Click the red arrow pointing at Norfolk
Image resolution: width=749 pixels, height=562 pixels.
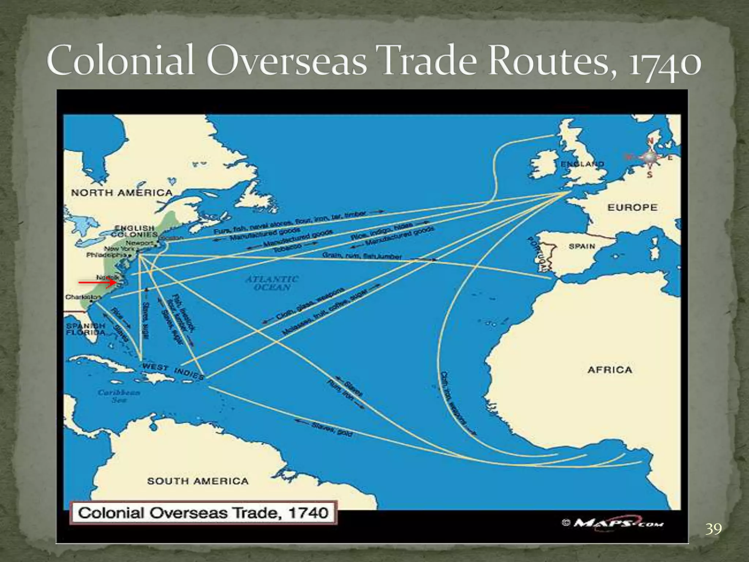[x=97, y=282]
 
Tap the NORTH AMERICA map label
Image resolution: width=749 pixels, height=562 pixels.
[x=121, y=193]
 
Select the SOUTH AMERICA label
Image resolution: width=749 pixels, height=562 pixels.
[x=198, y=481]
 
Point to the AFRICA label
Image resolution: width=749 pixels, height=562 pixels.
[x=610, y=370]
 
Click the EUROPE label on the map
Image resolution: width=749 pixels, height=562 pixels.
[x=632, y=207]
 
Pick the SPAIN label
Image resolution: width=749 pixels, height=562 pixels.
[x=582, y=246]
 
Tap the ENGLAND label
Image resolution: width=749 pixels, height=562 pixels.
[x=582, y=164]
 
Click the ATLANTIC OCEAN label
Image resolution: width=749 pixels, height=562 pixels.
[x=272, y=283]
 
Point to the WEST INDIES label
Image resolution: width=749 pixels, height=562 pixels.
[x=173, y=371]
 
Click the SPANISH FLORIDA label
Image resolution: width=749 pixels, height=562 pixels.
[x=86, y=329]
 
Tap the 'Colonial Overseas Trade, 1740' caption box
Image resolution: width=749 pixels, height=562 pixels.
[x=203, y=513]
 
